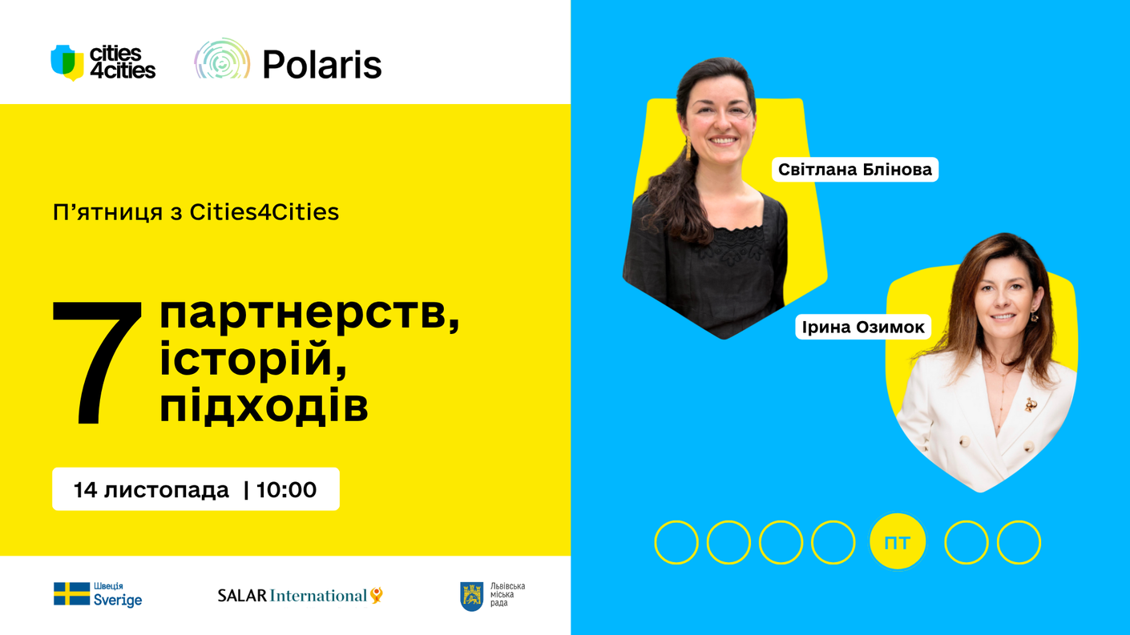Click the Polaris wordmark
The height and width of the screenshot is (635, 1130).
coord(322,64)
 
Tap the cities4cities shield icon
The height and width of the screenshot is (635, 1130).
coord(67,62)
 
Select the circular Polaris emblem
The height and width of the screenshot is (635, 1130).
coord(222,59)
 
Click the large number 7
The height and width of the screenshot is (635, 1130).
coord(97,363)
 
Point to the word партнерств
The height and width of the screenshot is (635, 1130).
coord(309,315)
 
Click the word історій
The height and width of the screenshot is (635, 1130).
coord(253,359)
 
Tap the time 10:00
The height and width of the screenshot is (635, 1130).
coord(287,490)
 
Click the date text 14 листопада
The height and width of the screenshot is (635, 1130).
coord(151,490)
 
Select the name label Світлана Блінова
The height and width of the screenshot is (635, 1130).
coord(855,169)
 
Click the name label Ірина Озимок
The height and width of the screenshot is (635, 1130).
coord(863,327)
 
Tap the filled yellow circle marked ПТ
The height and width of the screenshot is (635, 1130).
coord(898,542)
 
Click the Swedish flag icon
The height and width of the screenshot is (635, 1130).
coord(71,593)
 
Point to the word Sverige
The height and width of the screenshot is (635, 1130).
coord(118,601)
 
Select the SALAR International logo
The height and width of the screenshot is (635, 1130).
coord(301,596)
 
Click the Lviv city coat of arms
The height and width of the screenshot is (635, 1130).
coord(472,597)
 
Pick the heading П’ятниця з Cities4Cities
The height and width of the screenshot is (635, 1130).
coord(196,212)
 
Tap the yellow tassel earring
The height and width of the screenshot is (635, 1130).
coord(687,150)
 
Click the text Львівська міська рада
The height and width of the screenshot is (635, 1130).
coord(507,595)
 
